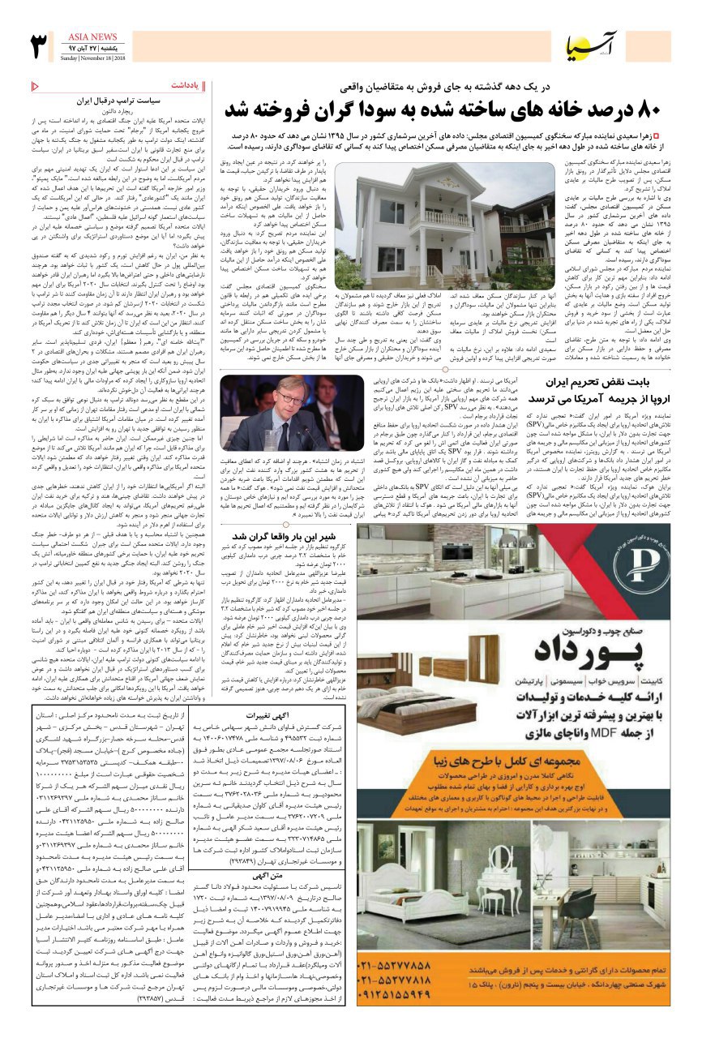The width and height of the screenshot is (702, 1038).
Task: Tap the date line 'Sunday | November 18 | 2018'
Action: (91, 58)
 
